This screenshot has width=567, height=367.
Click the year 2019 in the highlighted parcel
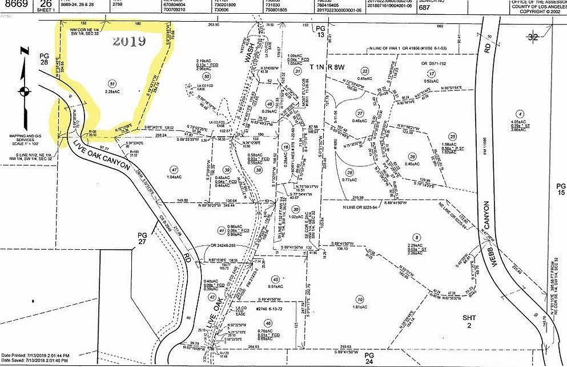[129, 41]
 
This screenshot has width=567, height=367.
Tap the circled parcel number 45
[276, 279]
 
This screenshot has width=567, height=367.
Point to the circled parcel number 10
[359, 300]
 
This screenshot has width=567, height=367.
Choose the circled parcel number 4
[519, 114]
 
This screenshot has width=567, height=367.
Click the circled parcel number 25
[453, 137]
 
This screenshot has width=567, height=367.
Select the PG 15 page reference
[561, 190]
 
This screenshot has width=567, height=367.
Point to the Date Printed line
[35, 355]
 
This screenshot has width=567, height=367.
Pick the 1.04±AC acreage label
[174, 178]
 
